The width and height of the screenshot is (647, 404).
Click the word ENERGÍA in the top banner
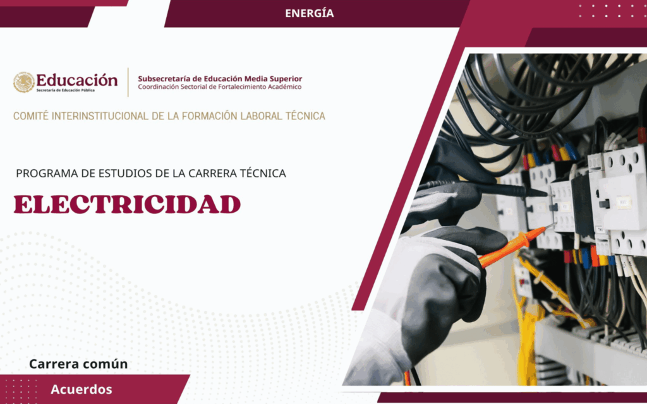click(x=309, y=13)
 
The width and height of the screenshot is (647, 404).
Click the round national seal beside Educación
click(x=24, y=82)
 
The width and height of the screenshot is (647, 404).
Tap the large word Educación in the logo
click(x=77, y=80)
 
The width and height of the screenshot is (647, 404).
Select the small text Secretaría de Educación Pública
click(x=65, y=90)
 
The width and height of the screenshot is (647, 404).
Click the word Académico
click(x=285, y=86)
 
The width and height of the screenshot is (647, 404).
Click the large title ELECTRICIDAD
click(x=127, y=204)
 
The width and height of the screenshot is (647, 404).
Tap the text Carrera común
click(x=78, y=364)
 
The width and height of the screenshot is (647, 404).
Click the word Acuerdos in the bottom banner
click(x=82, y=389)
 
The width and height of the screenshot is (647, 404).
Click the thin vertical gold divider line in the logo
click(x=128, y=83)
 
